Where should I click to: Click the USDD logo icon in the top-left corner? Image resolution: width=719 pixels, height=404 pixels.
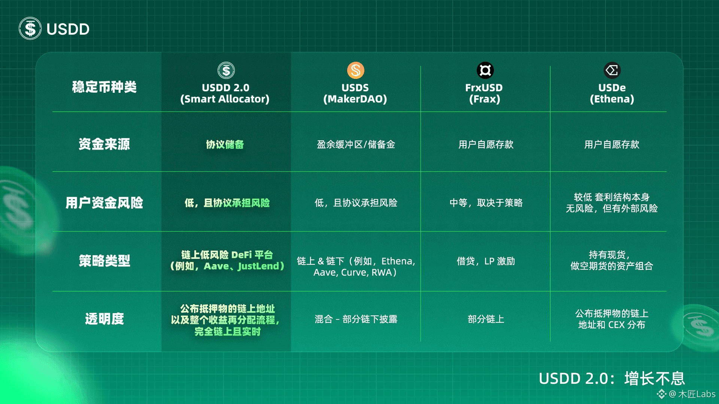(30, 28)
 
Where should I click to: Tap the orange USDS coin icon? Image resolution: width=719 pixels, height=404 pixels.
(355, 70)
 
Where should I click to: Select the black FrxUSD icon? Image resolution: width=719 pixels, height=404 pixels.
(485, 70)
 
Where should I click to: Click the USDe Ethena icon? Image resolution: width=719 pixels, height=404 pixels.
(612, 70)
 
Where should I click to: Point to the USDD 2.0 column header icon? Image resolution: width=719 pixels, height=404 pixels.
(226, 70)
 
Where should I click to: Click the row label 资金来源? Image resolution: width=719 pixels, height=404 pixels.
(104, 144)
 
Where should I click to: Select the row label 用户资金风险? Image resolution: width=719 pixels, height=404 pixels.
(104, 202)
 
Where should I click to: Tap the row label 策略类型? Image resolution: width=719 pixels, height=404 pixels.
(104, 261)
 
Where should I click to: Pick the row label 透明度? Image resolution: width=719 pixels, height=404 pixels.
(104, 319)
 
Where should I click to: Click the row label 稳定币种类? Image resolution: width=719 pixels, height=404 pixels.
(104, 87)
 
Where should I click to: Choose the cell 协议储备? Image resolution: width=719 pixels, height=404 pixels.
(225, 144)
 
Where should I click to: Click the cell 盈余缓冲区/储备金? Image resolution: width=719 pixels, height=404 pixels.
(356, 144)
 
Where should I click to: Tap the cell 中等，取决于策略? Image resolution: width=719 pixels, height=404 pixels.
(486, 203)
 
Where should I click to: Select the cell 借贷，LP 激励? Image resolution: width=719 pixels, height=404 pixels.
(486, 261)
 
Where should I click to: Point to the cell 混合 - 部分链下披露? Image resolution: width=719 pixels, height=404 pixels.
(356, 319)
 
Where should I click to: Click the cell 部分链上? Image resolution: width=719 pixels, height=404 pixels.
(486, 319)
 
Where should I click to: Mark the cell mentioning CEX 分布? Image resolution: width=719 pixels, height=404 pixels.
(612, 324)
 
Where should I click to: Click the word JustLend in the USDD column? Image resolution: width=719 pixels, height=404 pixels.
(258, 266)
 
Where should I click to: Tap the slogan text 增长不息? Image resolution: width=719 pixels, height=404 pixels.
(655, 379)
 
